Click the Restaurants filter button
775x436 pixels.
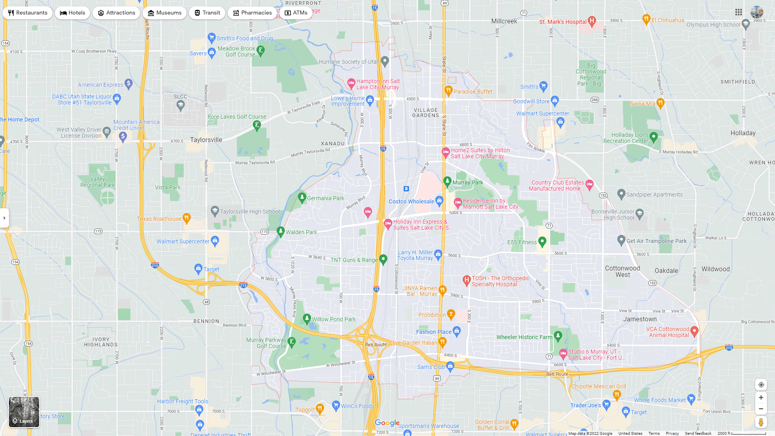[x=27, y=13]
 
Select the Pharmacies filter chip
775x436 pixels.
[x=252, y=13]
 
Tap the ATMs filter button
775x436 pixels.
[x=296, y=13]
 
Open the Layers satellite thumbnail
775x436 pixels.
[x=24, y=412]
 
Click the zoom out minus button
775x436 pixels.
[x=761, y=409]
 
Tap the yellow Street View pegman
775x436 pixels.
[x=761, y=422]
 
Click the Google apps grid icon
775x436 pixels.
[x=739, y=13]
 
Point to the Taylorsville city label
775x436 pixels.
[x=206, y=140]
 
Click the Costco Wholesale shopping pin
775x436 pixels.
[x=440, y=201]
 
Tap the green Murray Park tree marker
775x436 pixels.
[x=447, y=182]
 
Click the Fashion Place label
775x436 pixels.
[x=434, y=332]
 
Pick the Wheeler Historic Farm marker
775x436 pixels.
[x=558, y=335]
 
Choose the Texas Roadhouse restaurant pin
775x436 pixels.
[x=186, y=218]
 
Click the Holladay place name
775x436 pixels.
[x=743, y=133]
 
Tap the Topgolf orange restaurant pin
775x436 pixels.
[x=320, y=409]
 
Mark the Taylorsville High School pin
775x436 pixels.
[x=215, y=211]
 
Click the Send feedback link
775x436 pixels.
[x=698, y=433]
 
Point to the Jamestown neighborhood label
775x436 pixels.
[x=640, y=319]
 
